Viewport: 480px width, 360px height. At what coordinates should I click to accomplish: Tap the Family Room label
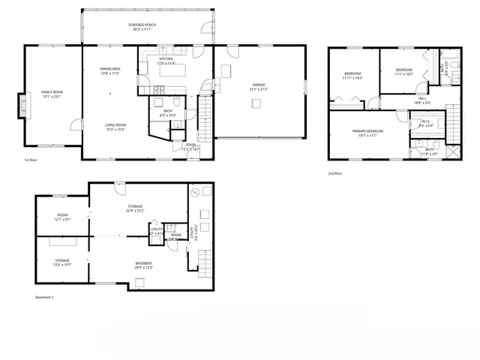pyautogui.click(x=52, y=94)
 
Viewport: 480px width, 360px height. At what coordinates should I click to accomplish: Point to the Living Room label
pyautogui.click(x=115, y=127)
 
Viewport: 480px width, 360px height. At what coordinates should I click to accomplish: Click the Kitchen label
pyautogui.click(x=166, y=61)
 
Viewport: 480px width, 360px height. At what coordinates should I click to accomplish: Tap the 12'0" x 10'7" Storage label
pyautogui.click(x=62, y=263)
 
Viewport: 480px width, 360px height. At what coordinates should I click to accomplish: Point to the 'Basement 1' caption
pyautogui.click(x=45, y=298)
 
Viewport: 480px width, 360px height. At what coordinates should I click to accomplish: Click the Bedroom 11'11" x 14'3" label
pyautogui.click(x=352, y=76)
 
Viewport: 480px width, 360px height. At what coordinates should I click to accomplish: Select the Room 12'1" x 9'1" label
pyautogui.click(x=63, y=217)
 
